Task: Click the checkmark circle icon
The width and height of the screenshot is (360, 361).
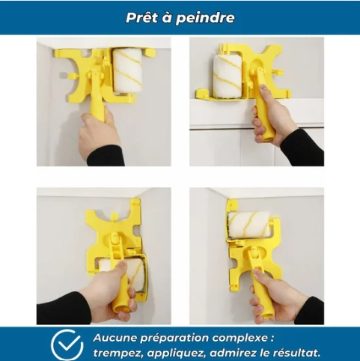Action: point(67,345)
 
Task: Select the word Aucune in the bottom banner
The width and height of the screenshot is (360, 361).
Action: point(115,338)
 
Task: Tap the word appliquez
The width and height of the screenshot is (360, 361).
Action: point(176,354)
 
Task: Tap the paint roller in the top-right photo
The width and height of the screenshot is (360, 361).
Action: point(228,76)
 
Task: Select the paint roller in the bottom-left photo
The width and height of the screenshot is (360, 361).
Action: point(122,276)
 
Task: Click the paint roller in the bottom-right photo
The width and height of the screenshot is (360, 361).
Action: point(249,225)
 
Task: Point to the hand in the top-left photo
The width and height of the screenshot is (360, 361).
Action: point(100,133)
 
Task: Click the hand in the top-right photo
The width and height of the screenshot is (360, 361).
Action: point(272,117)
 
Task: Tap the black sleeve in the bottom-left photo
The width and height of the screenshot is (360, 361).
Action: point(64,308)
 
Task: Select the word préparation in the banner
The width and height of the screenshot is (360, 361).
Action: point(174,339)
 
